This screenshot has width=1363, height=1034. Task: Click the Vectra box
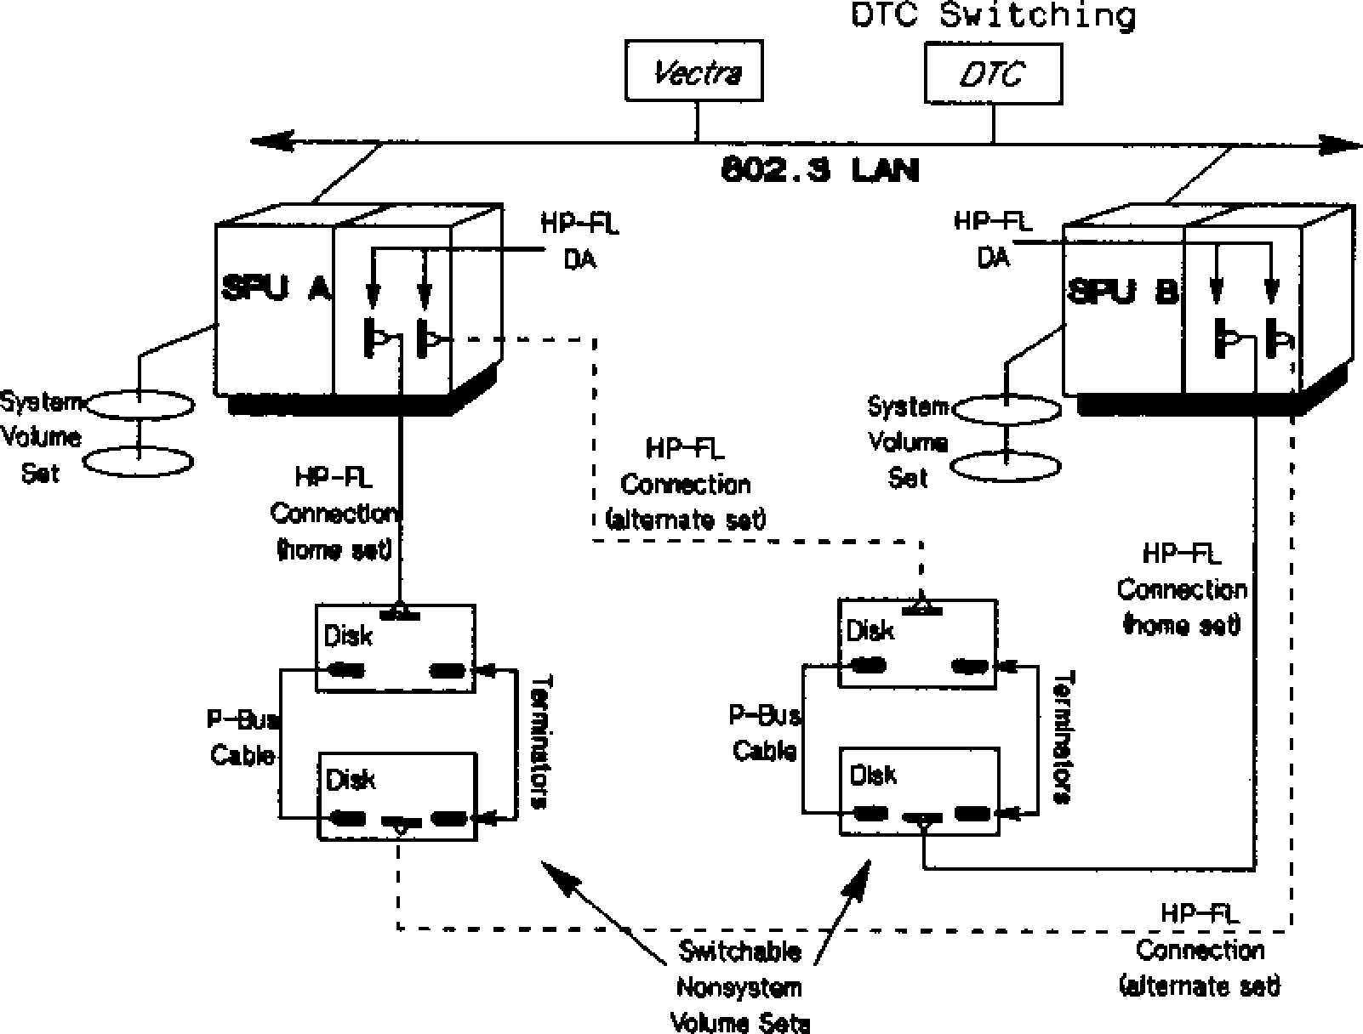pos(694,71)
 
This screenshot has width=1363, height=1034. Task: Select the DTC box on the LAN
pos(993,75)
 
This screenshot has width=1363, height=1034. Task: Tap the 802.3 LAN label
pos(820,171)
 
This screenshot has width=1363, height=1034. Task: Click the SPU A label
pos(276,289)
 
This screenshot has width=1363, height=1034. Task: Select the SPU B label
pos(1122,293)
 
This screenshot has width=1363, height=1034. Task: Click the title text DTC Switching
pos(993,15)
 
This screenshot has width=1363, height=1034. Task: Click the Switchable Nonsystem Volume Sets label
pos(739,987)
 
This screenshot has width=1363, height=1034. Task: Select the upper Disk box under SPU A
pos(395,648)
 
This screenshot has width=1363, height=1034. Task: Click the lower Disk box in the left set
pos(397,796)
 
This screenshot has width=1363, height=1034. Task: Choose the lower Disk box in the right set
pos(920,791)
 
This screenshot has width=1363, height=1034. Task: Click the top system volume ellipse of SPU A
pos(140,405)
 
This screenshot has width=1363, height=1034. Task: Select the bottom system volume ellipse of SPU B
pos(1006,467)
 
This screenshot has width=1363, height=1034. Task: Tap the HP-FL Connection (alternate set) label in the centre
pos(686,485)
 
